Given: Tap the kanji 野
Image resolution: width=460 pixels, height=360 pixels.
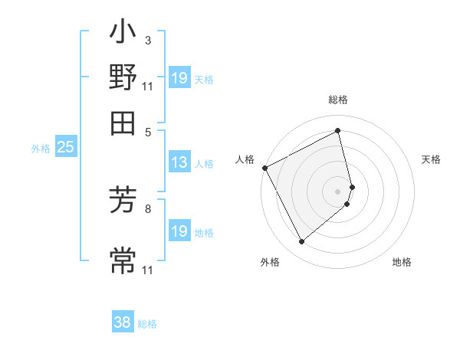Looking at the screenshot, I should tap(123, 78).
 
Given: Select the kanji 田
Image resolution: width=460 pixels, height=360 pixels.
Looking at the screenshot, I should tap(123, 123).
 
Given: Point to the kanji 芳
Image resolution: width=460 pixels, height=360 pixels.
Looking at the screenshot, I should tap(123, 201).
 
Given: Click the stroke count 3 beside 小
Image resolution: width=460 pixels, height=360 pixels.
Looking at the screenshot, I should tap(148, 41).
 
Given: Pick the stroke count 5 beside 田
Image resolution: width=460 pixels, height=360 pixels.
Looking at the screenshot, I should tap(149, 131).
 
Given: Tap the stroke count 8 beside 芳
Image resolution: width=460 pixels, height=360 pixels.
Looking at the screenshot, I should tap(148, 208).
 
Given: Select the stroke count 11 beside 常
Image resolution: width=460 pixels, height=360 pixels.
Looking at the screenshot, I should tap(148, 270).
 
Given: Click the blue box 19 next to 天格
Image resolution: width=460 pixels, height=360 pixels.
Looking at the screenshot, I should tap(179, 77).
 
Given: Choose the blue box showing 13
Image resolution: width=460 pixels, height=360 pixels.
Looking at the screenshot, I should tap(179, 162).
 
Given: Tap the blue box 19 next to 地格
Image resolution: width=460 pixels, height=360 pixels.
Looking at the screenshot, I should tap(179, 231).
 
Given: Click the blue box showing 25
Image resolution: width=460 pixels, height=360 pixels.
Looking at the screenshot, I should tap(65, 148).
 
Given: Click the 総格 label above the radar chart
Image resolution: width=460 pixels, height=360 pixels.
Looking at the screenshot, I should tap(338, 100).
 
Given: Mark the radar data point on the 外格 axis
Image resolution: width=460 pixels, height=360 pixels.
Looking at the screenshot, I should tap(301, 241).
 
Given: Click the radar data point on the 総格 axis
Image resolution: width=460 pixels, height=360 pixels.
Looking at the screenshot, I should tap(338, 131).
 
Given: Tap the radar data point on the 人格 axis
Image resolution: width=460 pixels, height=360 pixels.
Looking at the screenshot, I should tap(264, 167).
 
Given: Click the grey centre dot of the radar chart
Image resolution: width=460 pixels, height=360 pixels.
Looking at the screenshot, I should tap(338, 191).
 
